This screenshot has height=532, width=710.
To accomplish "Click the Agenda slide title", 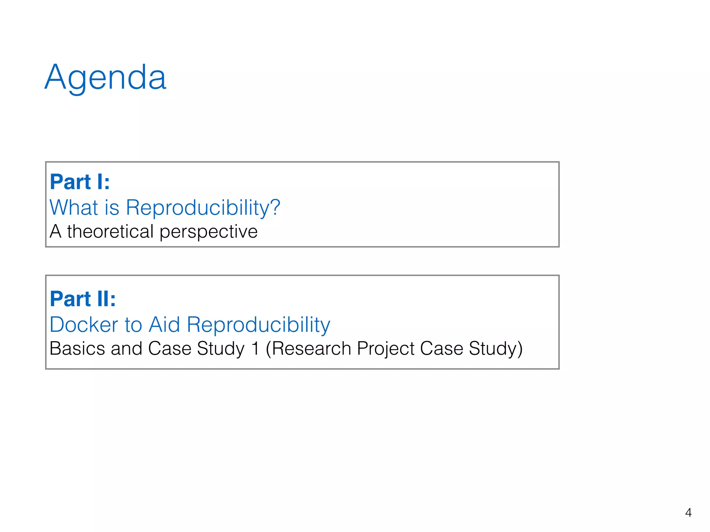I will click(105, 78).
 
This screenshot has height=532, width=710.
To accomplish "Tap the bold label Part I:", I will click(80, 182).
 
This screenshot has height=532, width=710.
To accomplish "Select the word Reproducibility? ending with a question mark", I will click(203, 208).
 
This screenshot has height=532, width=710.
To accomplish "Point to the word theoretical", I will click(110, 231).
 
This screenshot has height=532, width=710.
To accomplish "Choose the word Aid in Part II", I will click(164, 325).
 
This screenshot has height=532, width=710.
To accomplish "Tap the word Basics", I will click(77, 348).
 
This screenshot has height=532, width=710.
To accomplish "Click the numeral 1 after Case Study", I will click(256, 348).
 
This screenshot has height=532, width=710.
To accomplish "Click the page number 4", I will click(688, 512).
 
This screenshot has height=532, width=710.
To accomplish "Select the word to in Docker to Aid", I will click(133, 325).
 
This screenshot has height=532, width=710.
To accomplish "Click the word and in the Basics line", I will click(127, 348).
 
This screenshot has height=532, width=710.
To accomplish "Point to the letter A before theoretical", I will click(55, 231).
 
